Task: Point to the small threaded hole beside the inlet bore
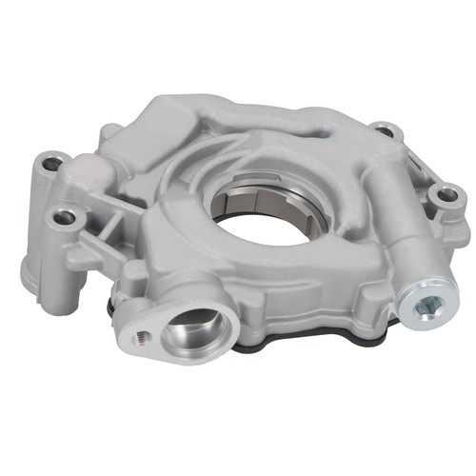141,337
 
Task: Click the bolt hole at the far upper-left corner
51,164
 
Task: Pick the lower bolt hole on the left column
65,218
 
